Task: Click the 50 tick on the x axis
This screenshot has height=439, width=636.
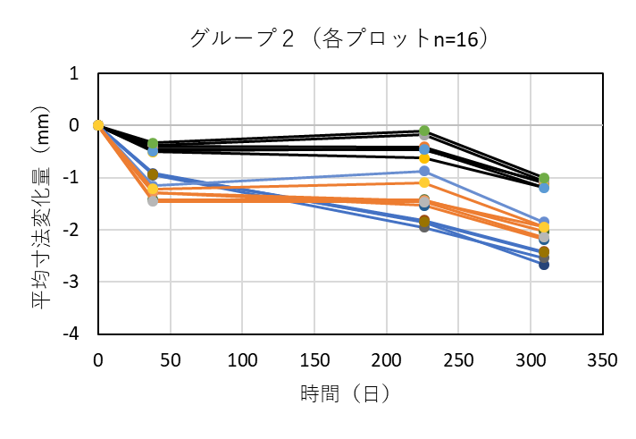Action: pyautogui.click(x=170, y=359)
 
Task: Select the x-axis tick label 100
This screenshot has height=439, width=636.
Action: pyautogui.click(x=242, y=359)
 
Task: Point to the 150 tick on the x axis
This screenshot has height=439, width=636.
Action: pyautogui.click(x=314, y=359)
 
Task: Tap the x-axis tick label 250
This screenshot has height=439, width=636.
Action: pyautogui.click(x=457, y=359)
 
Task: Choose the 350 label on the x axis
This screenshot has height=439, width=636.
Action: pyautogui.click(x=601, y=359)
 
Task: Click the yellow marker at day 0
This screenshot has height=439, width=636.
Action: pyautogui.click(x=98, y=125)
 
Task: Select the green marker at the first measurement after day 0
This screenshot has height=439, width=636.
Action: pyautogui.click(x=153, y=144)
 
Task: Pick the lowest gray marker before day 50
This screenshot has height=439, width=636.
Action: pyautogui.click(x=153, y=201)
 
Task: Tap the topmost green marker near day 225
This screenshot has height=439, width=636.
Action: pyautogui.click(x=424, y=131)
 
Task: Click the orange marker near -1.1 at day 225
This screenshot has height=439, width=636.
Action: pyautogui.click(x=424, y=182)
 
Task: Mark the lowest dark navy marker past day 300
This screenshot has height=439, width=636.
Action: pyautogui.click(x=544, y=265)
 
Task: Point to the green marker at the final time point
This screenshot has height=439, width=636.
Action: pyautogui.click(x=544, y=179)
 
